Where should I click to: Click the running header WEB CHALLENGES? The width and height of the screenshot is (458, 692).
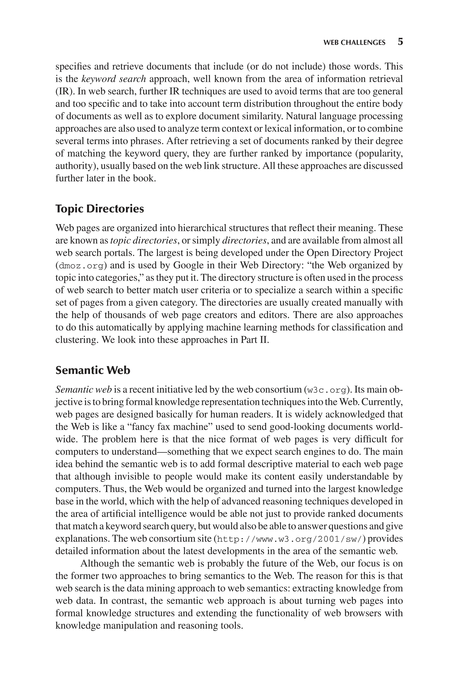(x=354, y=43)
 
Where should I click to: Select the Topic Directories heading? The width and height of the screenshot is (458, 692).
(x=100, y=209)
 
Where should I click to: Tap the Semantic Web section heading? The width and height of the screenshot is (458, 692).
(x=93, y=370)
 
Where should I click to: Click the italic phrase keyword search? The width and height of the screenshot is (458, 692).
(x=114, y=79)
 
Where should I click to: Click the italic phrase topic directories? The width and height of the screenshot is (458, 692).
(x=144, y=241)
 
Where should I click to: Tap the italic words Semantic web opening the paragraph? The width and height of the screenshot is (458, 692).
(x=84, y=390)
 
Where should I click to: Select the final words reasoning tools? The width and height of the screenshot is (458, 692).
(x=210, y=626)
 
